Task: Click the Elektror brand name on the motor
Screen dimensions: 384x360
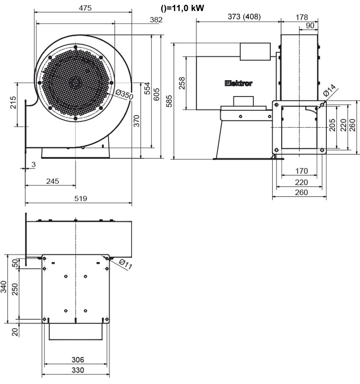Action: (238, 84)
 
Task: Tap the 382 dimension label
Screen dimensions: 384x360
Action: (156, 20)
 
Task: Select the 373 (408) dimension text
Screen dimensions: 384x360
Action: (237, 17)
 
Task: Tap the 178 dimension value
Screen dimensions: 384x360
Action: (302, 17)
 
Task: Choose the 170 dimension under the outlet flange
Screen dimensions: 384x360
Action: (301, 171)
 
